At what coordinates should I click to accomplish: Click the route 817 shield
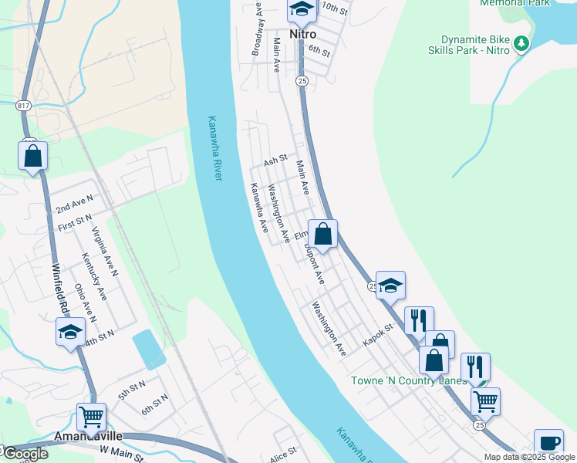click(x=22, y=103)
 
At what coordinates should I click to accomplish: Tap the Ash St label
click(x=275, y=161)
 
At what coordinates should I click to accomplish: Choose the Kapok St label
click(x=379, y=327)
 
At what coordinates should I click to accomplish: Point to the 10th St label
click(x=335, y=8)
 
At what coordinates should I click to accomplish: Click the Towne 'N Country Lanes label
click(x=408, y=380)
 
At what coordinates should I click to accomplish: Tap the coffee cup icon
click(x=548, y=443)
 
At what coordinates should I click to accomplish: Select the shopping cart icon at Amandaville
click(x=91, y=417)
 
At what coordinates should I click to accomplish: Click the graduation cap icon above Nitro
click(x=302, y=9)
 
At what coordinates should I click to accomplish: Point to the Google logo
click(x=25, y=454)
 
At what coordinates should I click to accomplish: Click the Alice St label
click(x=283, y=455)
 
